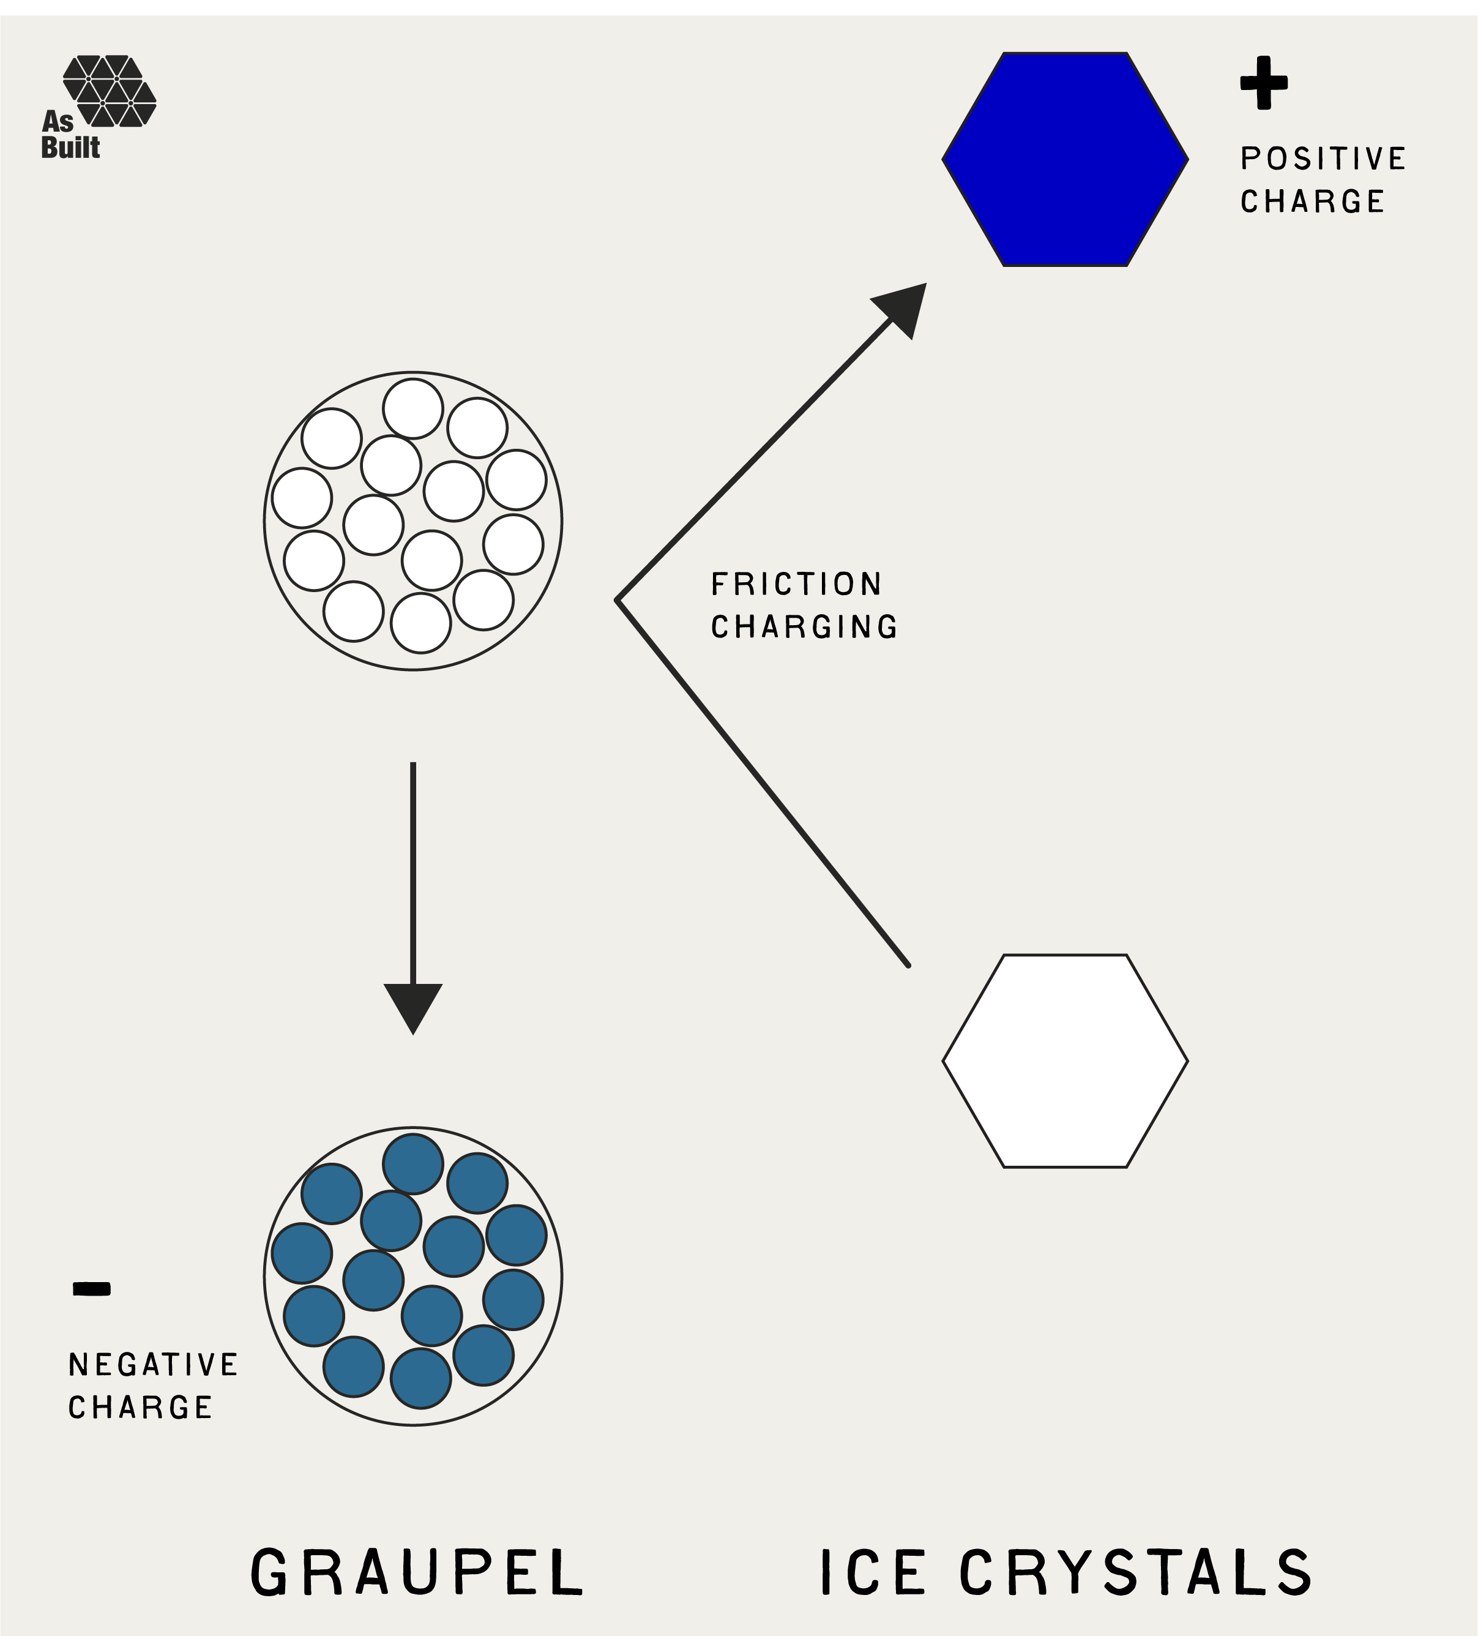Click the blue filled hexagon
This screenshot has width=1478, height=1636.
point(1064,159)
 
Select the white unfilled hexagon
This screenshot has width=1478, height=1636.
point(1064,1060)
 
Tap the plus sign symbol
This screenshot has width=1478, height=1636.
point(1264,82)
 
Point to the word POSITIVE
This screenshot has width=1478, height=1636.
point(1323,159)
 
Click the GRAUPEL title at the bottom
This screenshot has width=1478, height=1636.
point(417,1572)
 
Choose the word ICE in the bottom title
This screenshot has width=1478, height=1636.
point(873,1572)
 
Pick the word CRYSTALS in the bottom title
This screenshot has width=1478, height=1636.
point(1136,1572)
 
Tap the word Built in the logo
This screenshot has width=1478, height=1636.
point(70,148)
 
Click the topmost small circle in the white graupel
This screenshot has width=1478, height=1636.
point(413,408)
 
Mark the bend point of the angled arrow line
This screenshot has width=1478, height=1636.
point(618,601)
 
